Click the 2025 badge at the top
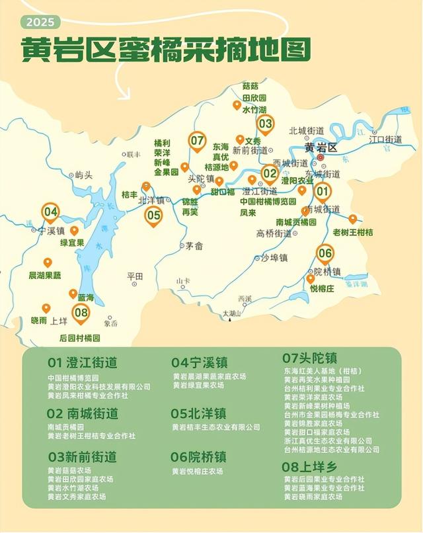[x=40, y=22]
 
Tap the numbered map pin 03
[x=265, y=123]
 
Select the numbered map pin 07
[x=197, y=140]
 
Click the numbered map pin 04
[x=50, y=212]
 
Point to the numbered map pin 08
[x=81, y=313]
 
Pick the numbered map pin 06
[x=325, y=253]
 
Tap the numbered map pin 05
[x=153, y=215]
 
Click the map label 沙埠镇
[x=274, y=257]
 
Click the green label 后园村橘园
[x=79, y=337]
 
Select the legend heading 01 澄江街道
[x=82, y=362]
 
